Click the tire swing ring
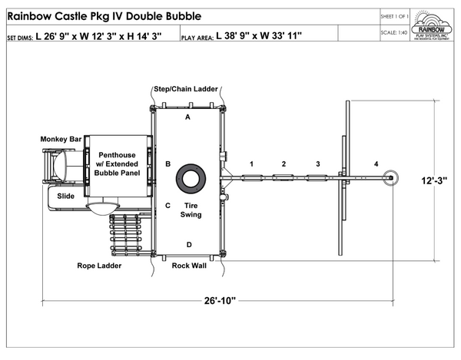coord(190,178)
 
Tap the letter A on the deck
coord(187,117)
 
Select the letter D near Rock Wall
coord(188,244)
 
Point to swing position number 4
coord(376,164)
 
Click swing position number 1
coord(251,164)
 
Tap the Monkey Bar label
coord(61,139)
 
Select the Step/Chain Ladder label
coord(186,89)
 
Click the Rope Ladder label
coord(99,266)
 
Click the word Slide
coord(66,197)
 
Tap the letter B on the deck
coord(167,163)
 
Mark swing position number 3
coord(317,164)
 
